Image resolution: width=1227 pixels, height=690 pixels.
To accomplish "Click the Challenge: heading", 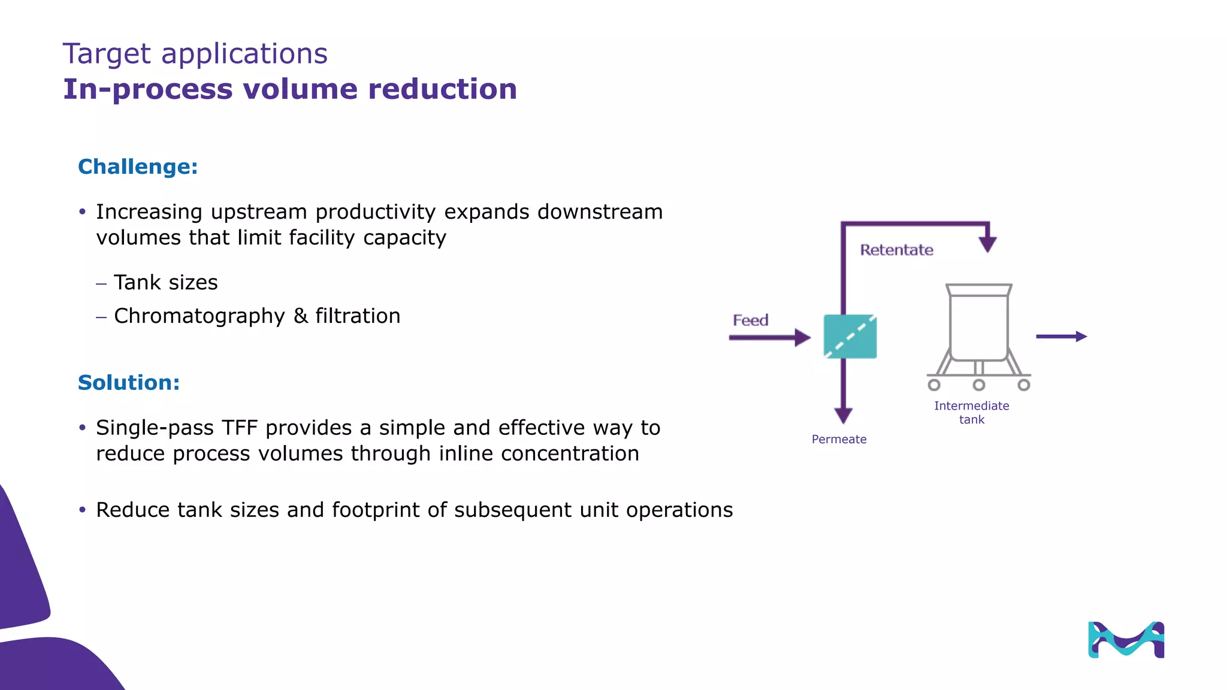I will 138,167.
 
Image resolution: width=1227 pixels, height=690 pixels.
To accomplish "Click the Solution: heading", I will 129,383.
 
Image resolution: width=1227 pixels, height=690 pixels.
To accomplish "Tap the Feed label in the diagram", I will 750,320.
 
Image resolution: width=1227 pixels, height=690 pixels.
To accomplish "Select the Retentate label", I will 896,250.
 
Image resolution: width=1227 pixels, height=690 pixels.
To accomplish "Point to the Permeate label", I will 839,440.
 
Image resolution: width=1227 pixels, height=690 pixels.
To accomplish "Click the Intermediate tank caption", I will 971,413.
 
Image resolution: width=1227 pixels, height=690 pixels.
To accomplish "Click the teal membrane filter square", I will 850,337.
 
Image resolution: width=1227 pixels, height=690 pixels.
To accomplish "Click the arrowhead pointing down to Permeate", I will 843,415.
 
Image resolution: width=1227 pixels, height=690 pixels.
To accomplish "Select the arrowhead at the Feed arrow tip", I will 802,337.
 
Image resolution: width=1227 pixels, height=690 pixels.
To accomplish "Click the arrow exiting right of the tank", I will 1061,337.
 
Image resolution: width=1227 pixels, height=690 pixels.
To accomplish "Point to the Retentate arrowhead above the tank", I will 987,244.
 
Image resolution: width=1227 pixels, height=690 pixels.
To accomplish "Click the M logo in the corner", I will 1126,640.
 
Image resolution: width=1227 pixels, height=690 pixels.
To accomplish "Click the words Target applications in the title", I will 195,54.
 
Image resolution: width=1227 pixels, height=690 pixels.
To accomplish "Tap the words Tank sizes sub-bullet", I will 166,283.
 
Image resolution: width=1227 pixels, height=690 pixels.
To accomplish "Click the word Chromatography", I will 200,316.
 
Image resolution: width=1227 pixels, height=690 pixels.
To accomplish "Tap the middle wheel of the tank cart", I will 978,385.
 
